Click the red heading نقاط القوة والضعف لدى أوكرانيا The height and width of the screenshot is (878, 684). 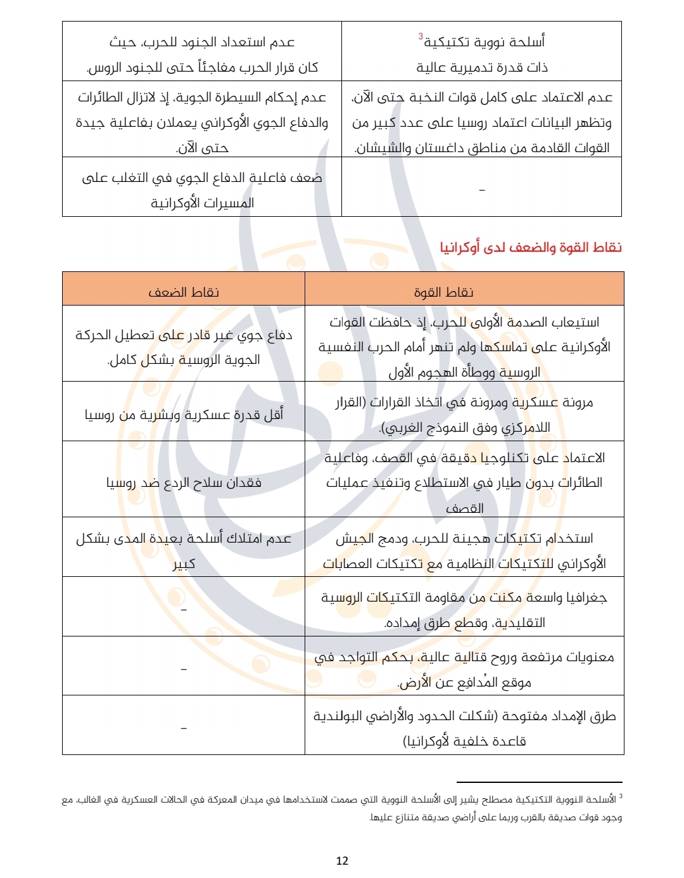point(531,247)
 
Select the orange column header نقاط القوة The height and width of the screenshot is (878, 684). point(444,292)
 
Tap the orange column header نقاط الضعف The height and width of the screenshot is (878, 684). point(184,292)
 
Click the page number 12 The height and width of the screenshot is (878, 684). point(342,860)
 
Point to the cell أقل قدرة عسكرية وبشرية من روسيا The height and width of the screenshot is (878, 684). point(184,415)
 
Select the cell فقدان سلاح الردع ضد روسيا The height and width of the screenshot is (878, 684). point(184,482)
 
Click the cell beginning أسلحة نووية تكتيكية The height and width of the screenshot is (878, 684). point(482,55)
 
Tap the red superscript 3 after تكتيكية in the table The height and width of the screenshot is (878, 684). point(421,37)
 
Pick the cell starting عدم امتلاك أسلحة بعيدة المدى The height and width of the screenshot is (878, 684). point(184,550)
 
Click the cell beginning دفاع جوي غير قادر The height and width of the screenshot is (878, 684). point(184,347)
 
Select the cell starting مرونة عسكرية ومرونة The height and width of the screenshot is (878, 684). point(464,415)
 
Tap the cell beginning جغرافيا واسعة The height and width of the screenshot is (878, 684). point(464,610)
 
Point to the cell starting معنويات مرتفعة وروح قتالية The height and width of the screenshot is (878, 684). point(464,669)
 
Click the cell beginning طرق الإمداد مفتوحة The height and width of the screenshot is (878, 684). point(464,728)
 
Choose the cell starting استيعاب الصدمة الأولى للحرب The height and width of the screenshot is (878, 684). point(464,347)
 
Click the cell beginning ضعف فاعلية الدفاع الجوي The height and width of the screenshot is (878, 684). point(202,190)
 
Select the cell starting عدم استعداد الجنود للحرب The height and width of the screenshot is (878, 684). point(202,55)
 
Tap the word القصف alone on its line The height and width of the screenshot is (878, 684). point(464,508)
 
